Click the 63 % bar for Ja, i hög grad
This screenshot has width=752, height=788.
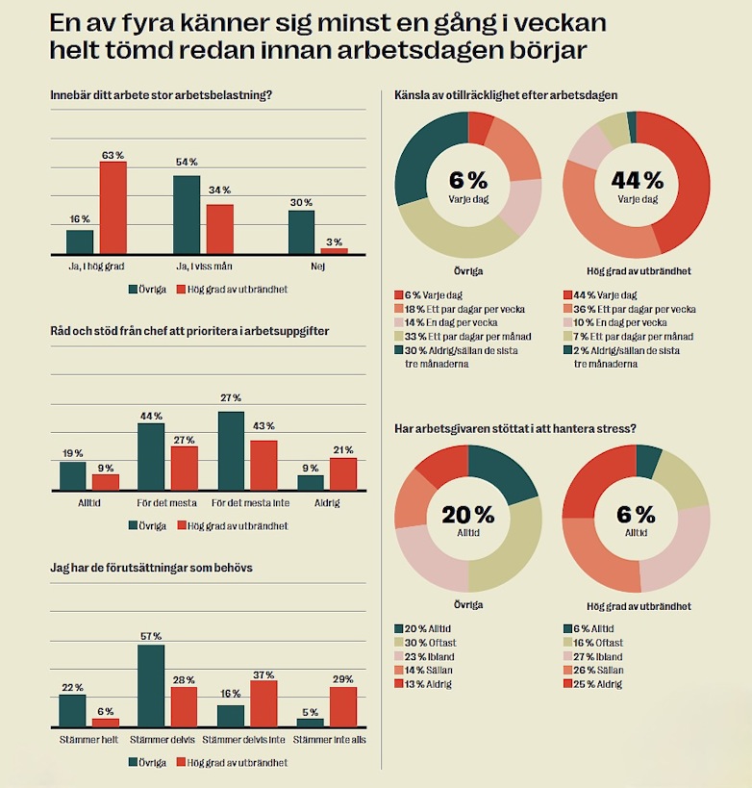[113, 207]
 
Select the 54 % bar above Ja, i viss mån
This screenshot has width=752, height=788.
[187, 214]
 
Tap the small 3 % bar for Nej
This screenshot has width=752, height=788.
[334, 250]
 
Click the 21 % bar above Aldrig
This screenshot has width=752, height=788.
[342, 473]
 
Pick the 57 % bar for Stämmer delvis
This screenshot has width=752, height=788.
[151, 685]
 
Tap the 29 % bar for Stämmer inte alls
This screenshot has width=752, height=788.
[342, 706]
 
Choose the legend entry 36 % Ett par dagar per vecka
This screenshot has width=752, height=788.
[636, 310]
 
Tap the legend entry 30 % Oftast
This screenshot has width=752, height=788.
[429, 643]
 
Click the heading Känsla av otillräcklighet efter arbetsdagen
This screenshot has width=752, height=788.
[506, 95]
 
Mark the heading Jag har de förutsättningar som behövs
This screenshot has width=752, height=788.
[151, 568]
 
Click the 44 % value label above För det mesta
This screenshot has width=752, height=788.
[151, 416]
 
